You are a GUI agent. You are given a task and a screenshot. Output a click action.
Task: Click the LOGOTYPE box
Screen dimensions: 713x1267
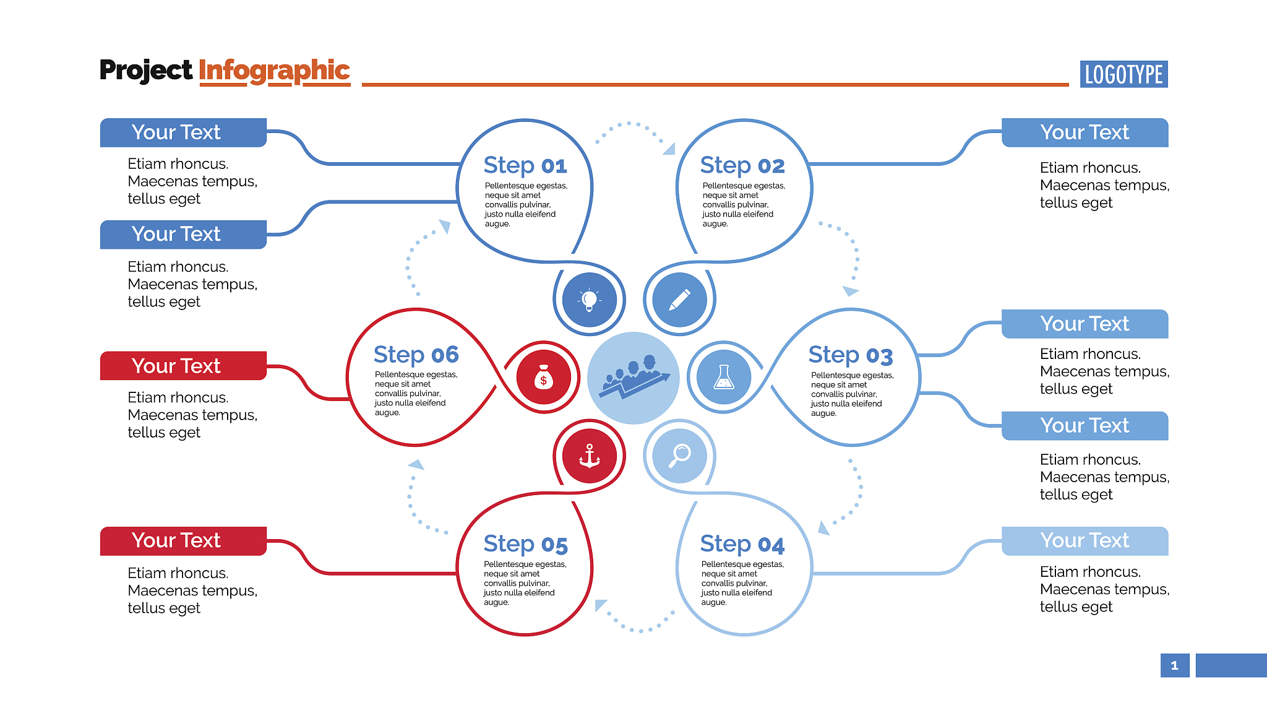tap(1123, 74)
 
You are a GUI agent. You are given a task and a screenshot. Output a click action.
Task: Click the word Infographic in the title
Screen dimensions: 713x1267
tap(274, 71)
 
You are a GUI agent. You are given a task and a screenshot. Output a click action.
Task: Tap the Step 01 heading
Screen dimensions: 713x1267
tap(525, 165)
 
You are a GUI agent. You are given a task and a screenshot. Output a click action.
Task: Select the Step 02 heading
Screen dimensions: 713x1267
tap(742, 165)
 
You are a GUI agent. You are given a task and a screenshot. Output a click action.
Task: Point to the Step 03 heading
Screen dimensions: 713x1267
tap(850, 355)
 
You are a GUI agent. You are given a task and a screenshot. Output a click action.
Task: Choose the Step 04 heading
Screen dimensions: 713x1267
tap(742, 543)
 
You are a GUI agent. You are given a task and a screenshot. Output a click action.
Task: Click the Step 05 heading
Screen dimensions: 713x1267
tap(525, 543)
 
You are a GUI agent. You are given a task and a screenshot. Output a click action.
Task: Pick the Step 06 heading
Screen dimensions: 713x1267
tap(416, 355)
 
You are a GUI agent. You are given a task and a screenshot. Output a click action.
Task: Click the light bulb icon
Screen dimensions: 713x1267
tap(590, 300)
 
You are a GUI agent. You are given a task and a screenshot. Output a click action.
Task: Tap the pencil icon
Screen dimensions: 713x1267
tap(679, 300)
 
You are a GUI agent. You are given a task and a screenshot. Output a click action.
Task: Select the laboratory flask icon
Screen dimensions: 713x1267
tap(723, 376)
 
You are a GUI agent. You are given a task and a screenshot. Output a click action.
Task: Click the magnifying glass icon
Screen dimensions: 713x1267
tap(679, 456)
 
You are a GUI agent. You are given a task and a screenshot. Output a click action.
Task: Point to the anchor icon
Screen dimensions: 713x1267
tap(590, 456)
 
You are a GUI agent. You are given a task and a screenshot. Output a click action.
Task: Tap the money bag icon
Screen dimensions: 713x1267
tap(543, 377)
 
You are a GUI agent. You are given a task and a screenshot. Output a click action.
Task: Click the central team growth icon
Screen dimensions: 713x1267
tap(633, 378)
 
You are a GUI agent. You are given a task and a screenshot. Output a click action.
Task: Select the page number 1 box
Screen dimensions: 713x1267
tap(1174, 665)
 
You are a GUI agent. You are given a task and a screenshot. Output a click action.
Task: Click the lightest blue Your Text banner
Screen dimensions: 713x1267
tap(1084, 540)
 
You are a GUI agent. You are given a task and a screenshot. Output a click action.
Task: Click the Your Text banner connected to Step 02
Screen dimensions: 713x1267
tap(1084, 132)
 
